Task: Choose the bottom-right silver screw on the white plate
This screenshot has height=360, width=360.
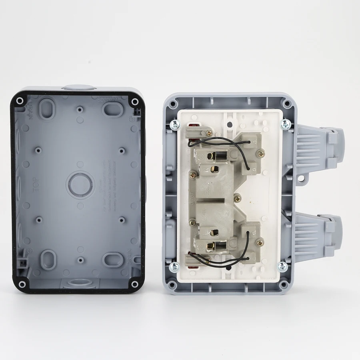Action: (283, 266)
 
